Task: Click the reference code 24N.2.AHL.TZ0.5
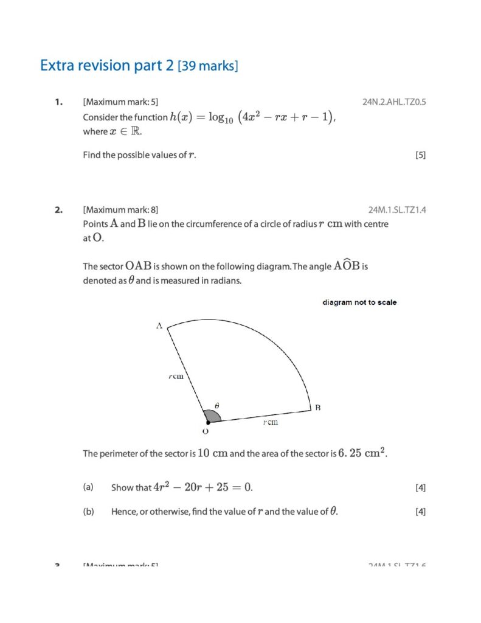pos(394,102)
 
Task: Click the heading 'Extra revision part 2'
pos(107,66)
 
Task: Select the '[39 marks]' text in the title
pos(208,66)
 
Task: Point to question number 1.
pos(58,102)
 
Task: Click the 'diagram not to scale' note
pos(359,302)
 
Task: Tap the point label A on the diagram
pos(159,326)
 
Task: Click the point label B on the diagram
pos(317,408)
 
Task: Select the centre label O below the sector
pos(205,431)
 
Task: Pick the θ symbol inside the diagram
pos(217,405)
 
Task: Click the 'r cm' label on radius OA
pos(176,377)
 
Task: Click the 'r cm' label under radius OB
pos(271,422)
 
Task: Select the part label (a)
pos(88,487)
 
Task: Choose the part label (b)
pos(88,512)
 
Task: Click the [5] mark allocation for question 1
pos(420,155)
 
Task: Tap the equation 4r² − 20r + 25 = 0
pos(203,487)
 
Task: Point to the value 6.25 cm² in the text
pos(362,453)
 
